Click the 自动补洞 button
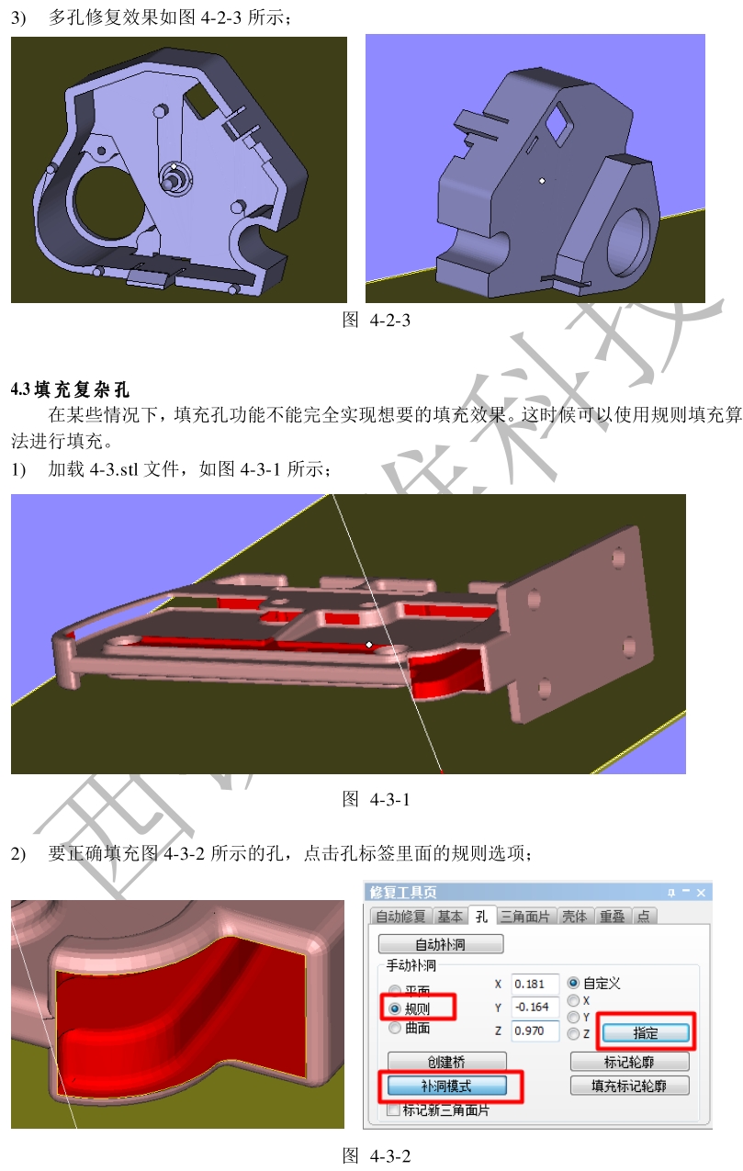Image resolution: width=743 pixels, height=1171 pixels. (441, 944)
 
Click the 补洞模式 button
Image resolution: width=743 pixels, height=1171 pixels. (446, 1086)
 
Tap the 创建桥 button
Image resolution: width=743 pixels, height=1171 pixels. (446, 1062)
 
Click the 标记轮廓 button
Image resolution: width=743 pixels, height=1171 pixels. (629, 1062)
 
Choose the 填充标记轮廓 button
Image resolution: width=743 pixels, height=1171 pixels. (629, 1086)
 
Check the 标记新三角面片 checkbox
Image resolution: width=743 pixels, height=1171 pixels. (394, 1109)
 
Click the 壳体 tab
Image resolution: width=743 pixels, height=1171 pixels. (575, 916)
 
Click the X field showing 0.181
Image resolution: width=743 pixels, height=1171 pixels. (535, 984)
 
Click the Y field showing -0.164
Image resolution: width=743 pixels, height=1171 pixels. (535, 1007)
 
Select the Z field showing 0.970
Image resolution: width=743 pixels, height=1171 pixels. (535, 1031)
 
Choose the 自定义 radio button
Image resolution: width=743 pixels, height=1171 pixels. (574, 983)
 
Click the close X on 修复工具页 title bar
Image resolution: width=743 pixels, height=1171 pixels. (702, 892)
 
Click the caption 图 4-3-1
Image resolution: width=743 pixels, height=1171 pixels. (376, 799)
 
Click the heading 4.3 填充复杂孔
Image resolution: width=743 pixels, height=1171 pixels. (71, 389)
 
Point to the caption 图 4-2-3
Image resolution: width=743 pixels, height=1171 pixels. (376, 320)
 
